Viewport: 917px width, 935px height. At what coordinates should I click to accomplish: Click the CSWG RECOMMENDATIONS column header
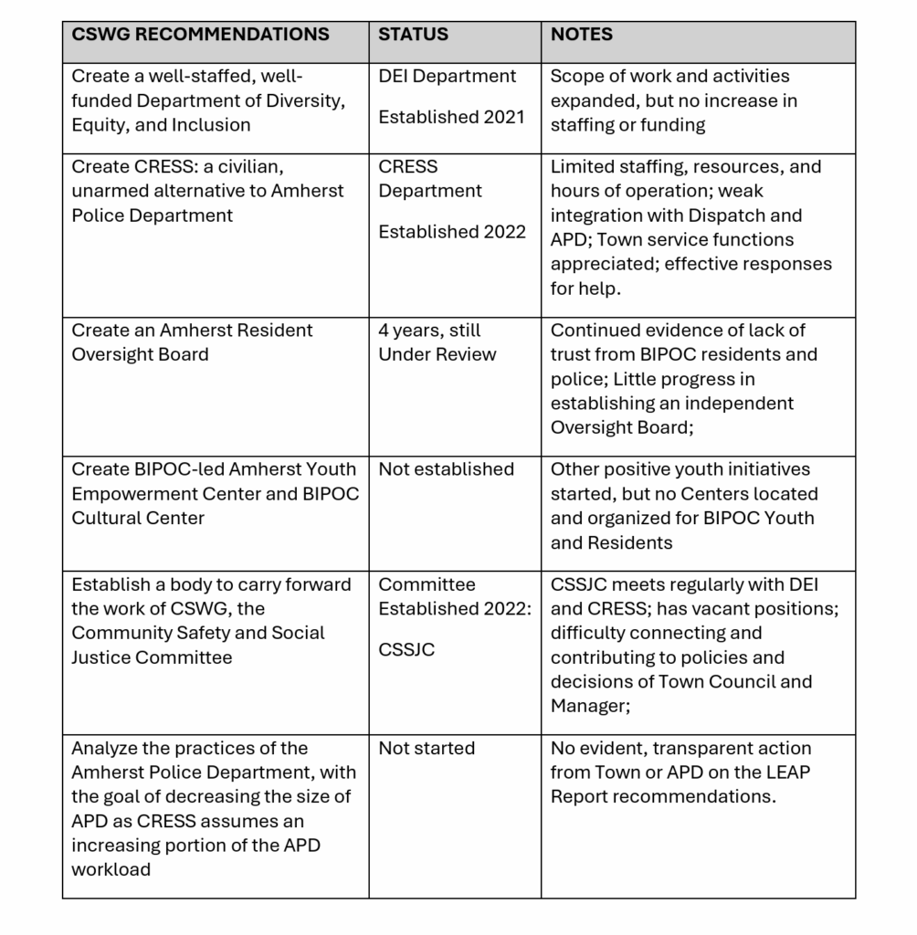pyautogui.click(x=200, y=35)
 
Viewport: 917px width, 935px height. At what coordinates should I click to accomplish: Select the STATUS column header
pyautogui.click(x=413, y=35)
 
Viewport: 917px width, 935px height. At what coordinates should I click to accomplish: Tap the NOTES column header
pyautogui.click(x=581, y=35)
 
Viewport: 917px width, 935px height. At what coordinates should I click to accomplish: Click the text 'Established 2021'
pyautogui.click(x=451, y=117)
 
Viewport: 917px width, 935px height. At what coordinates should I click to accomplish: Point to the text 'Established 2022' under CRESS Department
pyautogui.click(x=451, y=232)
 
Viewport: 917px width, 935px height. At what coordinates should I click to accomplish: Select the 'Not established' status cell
pyautogui.click(x=446, y=469)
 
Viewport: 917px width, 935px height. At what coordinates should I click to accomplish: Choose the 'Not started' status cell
pyautogui.click(x=427, y=749)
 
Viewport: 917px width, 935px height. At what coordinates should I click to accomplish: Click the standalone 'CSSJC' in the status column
pyautogui.click(x=406, y=650)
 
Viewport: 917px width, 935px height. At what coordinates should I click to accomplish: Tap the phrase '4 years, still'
pyautogui.click(x=429, y=331)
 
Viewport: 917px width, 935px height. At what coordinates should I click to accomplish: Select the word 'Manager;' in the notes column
pyautogui.click(x=590, y=706)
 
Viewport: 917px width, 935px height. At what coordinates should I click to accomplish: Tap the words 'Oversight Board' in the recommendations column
pyautogui.click(x=140, y=354)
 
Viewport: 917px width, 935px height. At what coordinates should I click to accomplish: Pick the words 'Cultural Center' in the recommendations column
pyautogui.click(x=138, y=518)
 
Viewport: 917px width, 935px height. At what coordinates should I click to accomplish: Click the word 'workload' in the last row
pyautogui.click(x=111, y=869)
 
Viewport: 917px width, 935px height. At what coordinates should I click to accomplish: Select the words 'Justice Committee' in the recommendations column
pyautogui.click(x=152, y=657)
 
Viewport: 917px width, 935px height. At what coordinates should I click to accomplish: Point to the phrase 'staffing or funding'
pyautogui.click(x=627, y=125)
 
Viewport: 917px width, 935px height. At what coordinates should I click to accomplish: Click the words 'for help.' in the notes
pyautogui.click(x=585, y=289)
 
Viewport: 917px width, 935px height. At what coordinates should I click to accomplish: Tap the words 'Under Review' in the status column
pyautogui.click(x=437, y=354)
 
